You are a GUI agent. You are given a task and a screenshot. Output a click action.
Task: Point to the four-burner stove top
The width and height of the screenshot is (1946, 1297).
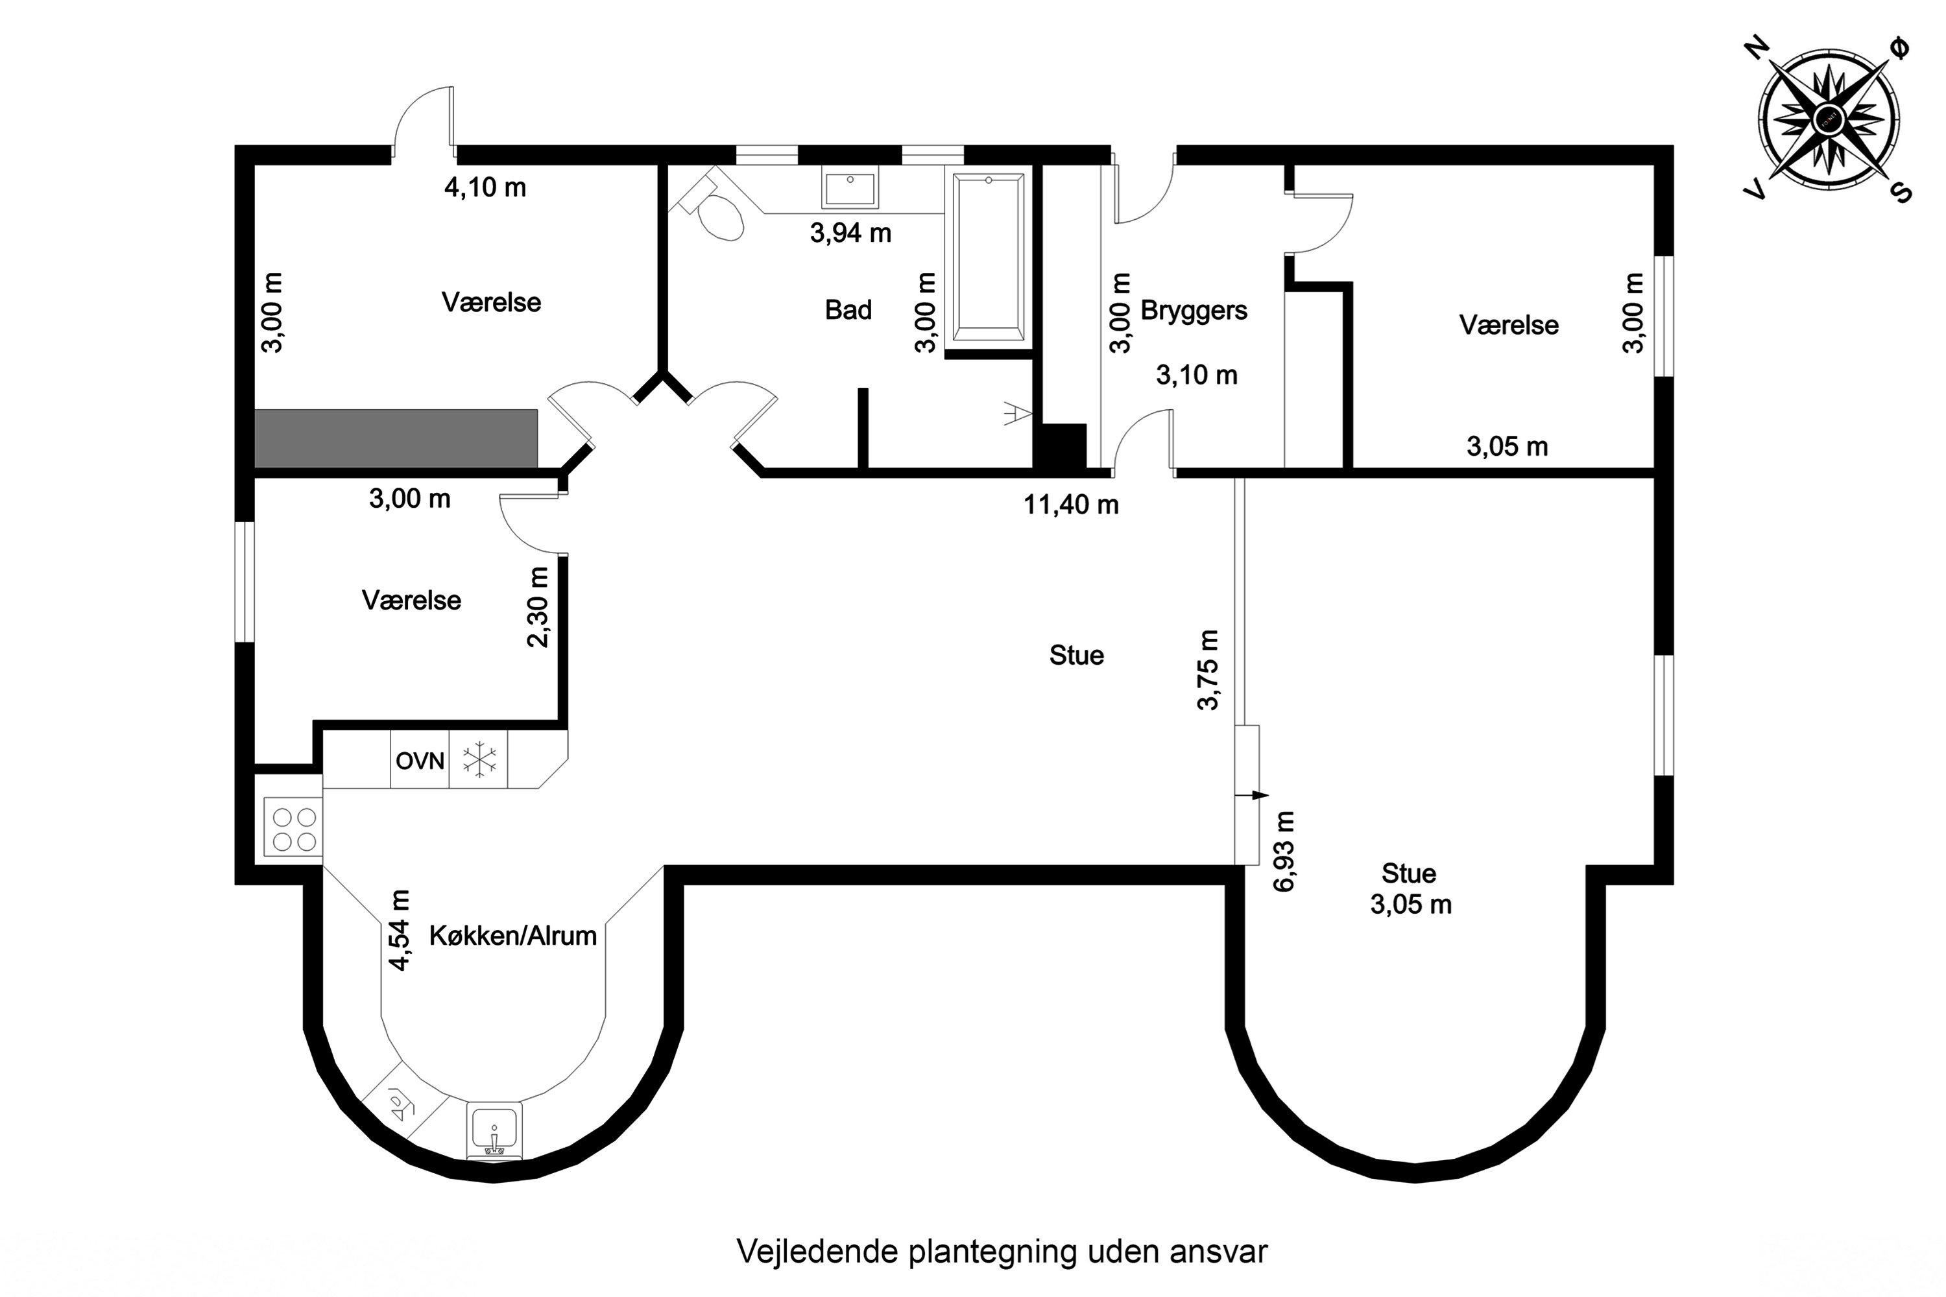[294, 829]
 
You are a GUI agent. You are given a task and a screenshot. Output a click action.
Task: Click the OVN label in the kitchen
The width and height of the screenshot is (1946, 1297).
[420, 761]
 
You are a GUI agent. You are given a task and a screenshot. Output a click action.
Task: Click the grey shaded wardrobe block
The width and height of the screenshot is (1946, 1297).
[396, 438]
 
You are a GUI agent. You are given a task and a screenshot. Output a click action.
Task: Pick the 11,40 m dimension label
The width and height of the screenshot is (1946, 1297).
[1071, 505]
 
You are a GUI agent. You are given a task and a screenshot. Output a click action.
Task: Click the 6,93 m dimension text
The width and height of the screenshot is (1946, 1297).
[1284, 851]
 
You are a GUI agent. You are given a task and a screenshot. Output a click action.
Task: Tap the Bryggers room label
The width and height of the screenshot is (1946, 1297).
[1193, 311]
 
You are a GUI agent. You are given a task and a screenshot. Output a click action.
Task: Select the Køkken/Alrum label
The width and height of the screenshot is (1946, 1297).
[512, 936]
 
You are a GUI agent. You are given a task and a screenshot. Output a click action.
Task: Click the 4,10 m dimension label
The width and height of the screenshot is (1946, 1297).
[485, 188]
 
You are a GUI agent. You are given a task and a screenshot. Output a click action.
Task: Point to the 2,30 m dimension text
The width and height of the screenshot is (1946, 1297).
[538, 607]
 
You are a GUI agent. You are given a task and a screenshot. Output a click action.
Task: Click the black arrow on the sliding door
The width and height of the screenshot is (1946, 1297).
[1253, 796]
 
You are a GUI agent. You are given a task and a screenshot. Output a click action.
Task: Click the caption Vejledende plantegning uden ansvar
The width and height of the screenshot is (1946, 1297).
[1001, 1252]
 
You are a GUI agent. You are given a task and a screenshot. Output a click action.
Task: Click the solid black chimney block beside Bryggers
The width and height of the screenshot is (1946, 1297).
[1064, 447]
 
